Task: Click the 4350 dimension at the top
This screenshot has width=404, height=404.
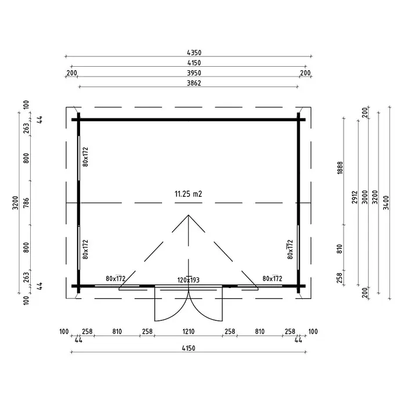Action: point(194,53)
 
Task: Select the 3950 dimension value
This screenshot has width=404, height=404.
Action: point(194,73)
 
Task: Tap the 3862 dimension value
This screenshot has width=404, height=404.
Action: point(194,83)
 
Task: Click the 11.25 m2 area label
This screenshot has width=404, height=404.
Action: point(188,194)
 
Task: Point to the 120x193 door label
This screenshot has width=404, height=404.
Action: point(188,280)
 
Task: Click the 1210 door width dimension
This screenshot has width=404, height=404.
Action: point(188,331)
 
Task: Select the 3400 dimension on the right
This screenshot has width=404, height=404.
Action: point(385,203)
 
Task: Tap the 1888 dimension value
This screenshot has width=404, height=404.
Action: point(340,168)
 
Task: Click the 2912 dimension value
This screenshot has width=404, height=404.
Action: point(355,197)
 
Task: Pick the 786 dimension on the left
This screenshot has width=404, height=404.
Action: point(26,203)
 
